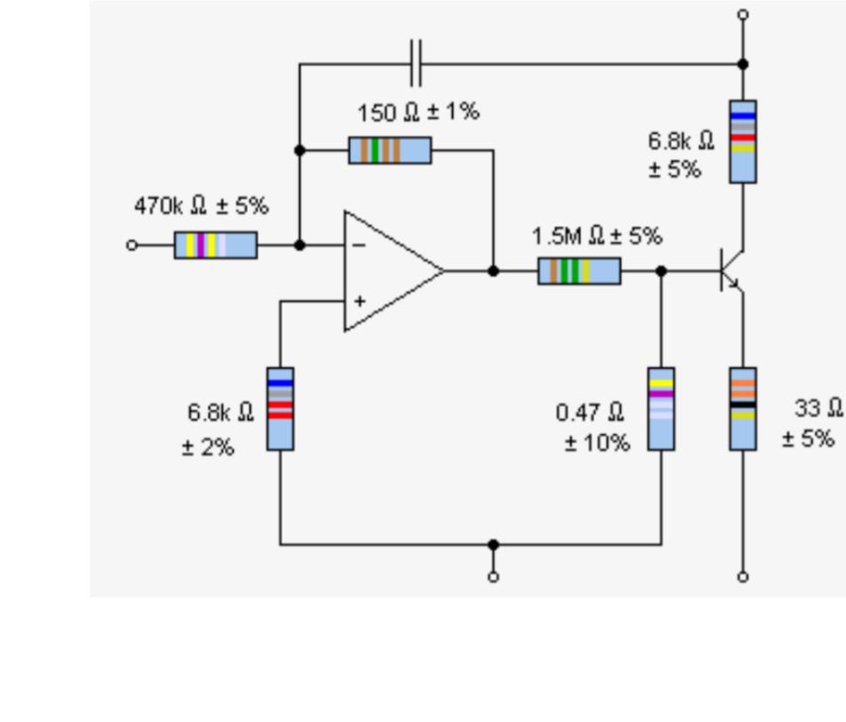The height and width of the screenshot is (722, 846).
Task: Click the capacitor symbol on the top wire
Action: pyautogui.click(x=415, y=63)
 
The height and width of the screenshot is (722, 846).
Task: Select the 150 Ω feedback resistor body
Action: pyautogui.click(x=390, y=150)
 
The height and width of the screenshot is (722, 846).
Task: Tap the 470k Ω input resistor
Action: pyautogui.click(x=215, y=245)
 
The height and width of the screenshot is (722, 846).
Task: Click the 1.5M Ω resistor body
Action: pyautogui.click(x=579, y=270)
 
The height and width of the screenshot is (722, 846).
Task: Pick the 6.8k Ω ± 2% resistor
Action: pyautogui.click(x=280, y=408)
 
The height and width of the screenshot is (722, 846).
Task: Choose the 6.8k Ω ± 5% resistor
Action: pyautogui.click(x=743, y=141)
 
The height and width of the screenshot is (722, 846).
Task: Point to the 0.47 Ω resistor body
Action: pyautogui.click(x=661, y=408)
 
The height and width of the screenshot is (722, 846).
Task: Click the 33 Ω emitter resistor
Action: pyautogui.click(x=743, y=408)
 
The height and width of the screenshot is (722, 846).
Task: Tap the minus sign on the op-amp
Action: pyautogui.click(x=359, y=245)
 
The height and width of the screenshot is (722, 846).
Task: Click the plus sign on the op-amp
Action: pyautogui.click(x=359, y=301)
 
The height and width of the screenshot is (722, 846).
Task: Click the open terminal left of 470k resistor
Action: pyautogui.click(x=132, y=245)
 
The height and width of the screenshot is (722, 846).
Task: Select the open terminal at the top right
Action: pyautogui.click(x=743, y=15)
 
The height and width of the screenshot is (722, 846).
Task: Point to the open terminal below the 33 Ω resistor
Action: pyautogui.click(x=743, y=576)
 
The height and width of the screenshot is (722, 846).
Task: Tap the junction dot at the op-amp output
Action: pyautogui.click(x=493, y=270)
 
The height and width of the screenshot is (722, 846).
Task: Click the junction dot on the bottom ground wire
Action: pyautogui.click(x=493, y=544)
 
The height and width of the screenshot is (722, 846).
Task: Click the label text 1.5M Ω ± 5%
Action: pyautogui.click(x=596, y=237)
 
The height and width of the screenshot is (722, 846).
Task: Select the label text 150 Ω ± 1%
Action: pyautogui.click(x=418, y=113)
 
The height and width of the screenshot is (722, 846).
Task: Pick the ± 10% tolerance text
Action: pyautogui.click(x=597, y=442)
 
